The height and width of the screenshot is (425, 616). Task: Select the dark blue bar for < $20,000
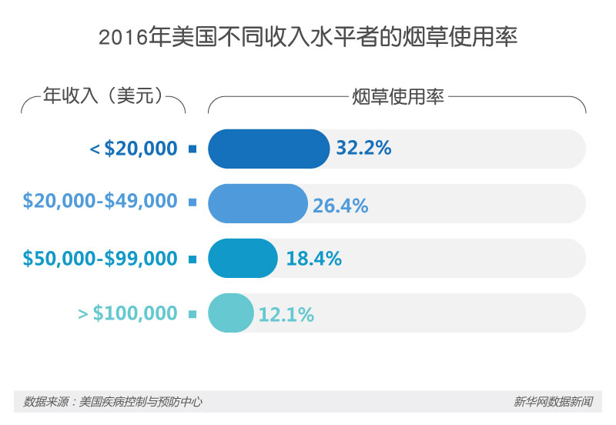point(269,149)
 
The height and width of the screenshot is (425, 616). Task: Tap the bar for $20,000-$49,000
point(258,203)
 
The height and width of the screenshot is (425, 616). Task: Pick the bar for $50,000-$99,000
point(243,258)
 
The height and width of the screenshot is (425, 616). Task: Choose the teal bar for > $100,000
point(231,313)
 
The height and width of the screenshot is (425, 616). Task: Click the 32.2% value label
point(364,148)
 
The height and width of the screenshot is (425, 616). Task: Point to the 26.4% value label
point(340,206)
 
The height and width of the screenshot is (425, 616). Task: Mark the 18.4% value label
point(313,259)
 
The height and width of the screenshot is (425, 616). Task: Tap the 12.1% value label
point(286,315)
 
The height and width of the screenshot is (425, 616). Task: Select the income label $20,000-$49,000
point(100,202)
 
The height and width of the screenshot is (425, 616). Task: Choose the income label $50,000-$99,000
point(100,259)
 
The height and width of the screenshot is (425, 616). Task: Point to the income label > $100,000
point(128,313)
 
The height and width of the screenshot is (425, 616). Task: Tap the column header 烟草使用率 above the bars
point(397,98)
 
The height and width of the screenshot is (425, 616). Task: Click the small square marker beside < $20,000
point(192,149)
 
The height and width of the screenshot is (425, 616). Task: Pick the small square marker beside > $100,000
point(192,313)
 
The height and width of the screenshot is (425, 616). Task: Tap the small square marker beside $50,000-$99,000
point(192,259)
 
